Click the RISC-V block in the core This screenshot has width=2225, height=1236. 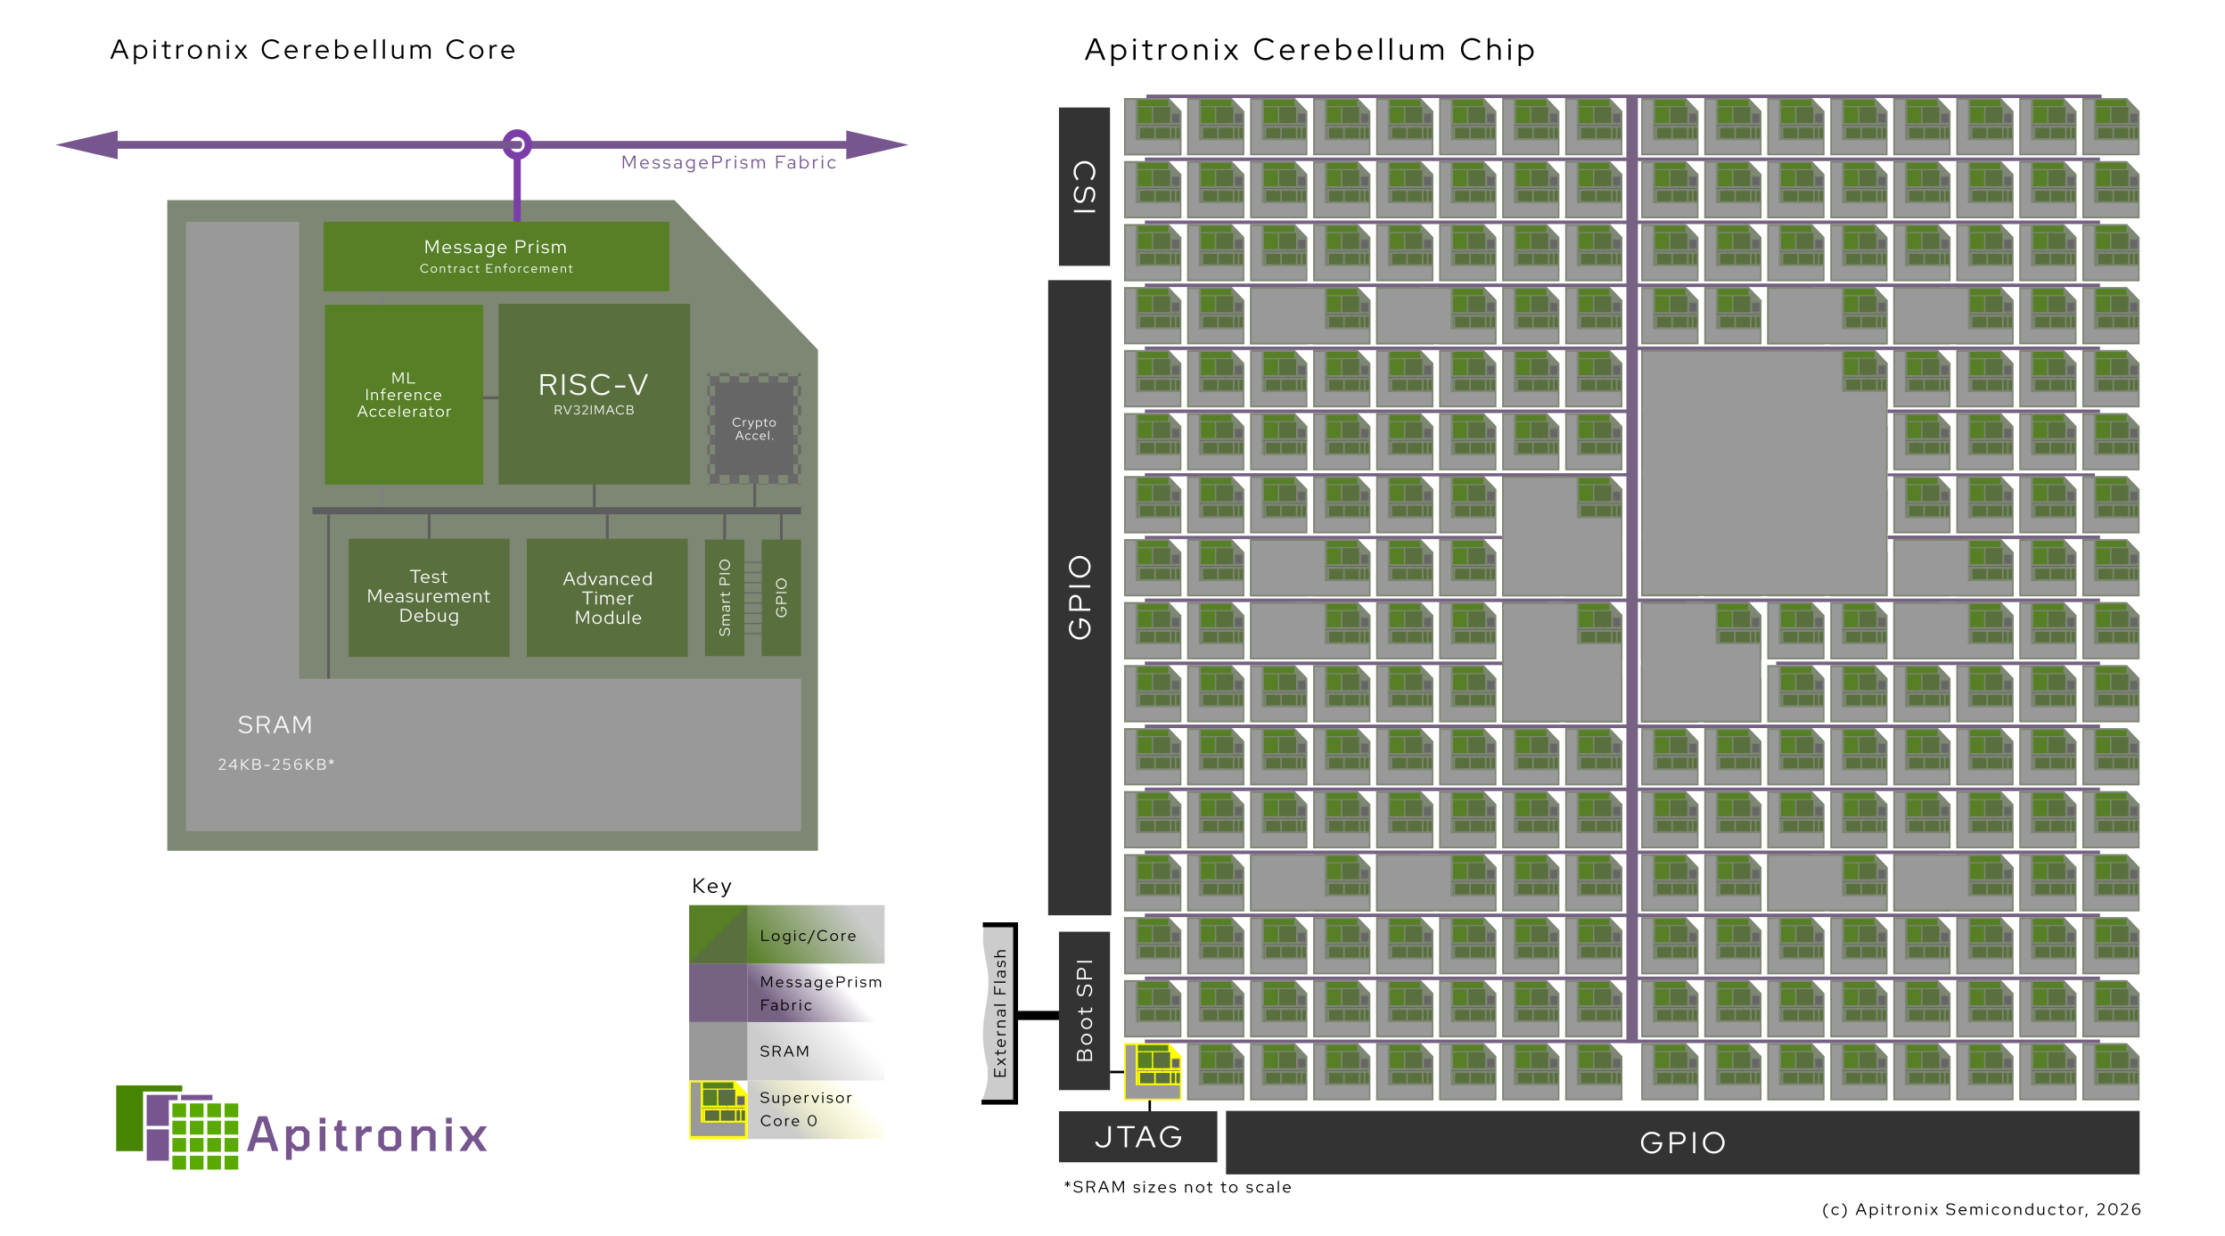(594, 394)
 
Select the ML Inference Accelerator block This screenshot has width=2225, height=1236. (404, 395)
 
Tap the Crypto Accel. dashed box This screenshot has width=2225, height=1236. (754, 429)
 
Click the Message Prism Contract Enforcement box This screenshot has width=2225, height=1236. (496, 257)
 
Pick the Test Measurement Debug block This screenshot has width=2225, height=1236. (429, 597)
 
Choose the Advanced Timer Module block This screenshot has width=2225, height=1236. (607, 598)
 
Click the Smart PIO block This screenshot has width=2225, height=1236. (724, 597)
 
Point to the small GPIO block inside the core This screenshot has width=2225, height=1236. (781, 597)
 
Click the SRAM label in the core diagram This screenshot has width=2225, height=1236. (275, 725)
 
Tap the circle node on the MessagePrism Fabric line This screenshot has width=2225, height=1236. (517, 144)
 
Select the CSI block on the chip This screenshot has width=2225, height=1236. (1084, 186)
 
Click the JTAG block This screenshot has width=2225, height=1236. (1137, 1136)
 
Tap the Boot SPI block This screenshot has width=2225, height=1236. (1084, 1010)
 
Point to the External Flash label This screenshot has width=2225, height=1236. (999, 1012)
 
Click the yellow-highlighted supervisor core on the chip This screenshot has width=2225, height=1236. (1153, 1070)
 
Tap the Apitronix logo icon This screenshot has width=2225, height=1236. (177, 1127)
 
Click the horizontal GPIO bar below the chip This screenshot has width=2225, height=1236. (1682, 1142)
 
